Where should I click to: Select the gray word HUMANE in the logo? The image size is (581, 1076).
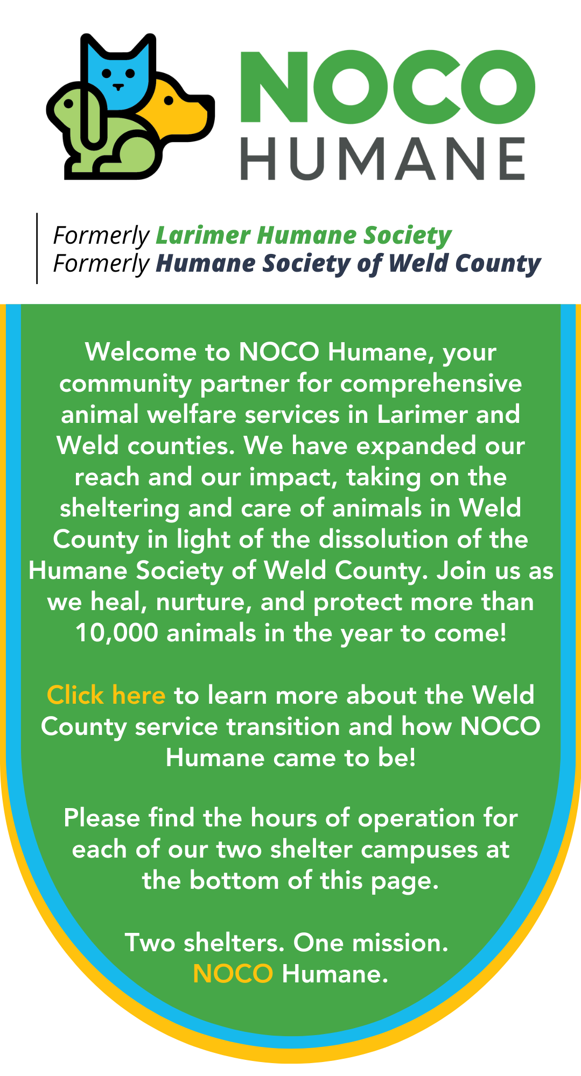pyautogui.click(x=383, y=158)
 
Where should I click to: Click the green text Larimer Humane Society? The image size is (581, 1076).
pyautogui.click(x=304, y=235)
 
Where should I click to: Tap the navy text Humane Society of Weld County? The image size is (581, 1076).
pyautogui.click(x=348, y=264)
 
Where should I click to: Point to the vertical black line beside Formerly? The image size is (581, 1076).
pyautogui.click(x=37, y=248)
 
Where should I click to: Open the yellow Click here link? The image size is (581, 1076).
pyautogui.click(x=106, y=695)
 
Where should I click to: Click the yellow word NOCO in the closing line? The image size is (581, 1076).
pyautogui.click(x=233, y=974)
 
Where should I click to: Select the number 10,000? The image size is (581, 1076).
pyautogui.click(x=117, y=633)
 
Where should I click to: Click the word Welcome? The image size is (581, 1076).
pyautogui.click(x=141, y=352)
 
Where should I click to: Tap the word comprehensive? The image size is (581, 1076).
pyautogui.click(x=431, y=384)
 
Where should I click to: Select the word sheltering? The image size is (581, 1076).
pyautogui.click(x=120, y=509)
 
